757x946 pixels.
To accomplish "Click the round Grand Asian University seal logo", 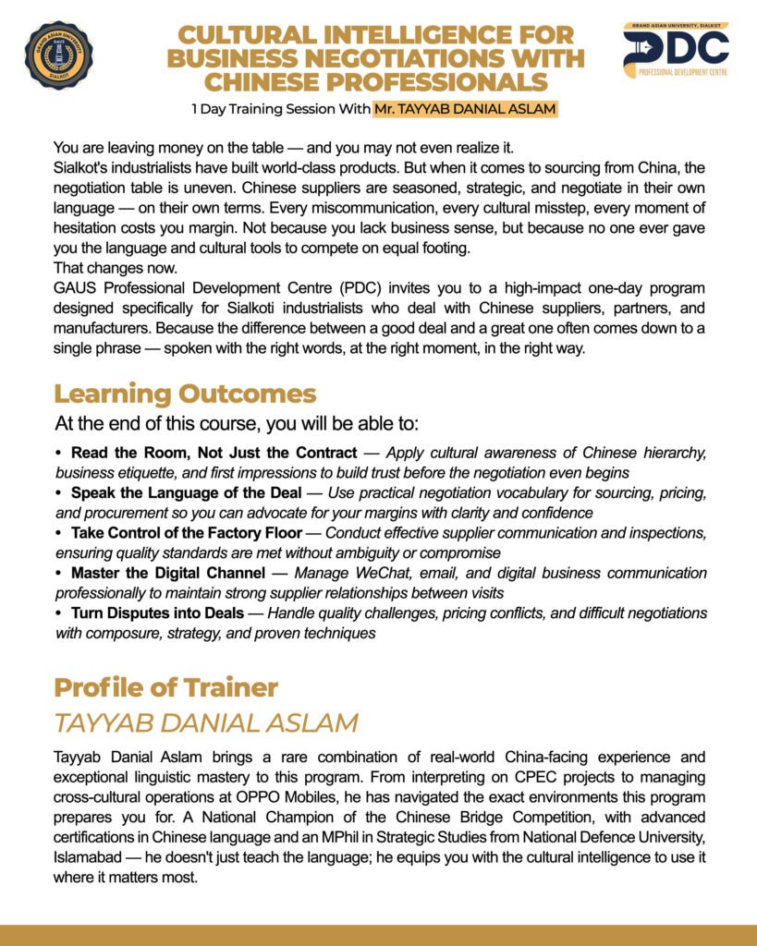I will (58, 55).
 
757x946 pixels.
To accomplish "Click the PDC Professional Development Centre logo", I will (676, 52).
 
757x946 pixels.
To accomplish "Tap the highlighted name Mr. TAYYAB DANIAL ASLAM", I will (464, 110).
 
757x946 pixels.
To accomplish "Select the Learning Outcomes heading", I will (185, 394).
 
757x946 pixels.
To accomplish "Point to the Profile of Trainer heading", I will (165, 687).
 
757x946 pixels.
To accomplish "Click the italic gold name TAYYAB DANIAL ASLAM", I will (205, 722).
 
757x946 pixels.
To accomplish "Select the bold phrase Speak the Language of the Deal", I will (197, 493).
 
